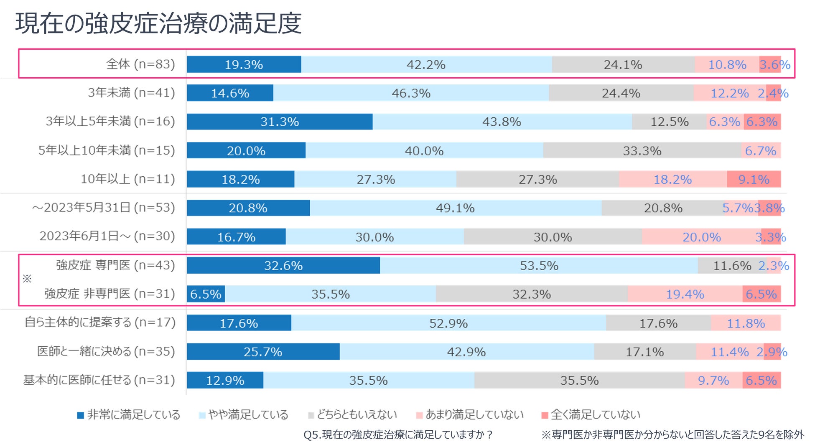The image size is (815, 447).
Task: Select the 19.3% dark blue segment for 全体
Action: click(x=244, y=64)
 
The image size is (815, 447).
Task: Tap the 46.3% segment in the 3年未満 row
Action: click(x=411, y=93)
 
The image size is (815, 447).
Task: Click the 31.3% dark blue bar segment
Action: click(x=279, y=122)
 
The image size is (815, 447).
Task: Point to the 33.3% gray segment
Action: click(x=642, y=150)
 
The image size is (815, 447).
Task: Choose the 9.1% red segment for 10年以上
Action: click(x=754, y=179)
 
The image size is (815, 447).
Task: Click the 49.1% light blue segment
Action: click(x=455, y=208)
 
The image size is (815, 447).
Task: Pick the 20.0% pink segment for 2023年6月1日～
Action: click(x=701, y=237)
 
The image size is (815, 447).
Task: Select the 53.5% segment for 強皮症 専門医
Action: click(x=539, y=265)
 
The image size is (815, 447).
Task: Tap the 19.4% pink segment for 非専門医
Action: click(x=685, y=294)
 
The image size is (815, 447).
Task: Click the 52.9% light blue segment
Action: click(x=448, y=323)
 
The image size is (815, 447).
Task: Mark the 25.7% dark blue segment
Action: click(x=263, y=352)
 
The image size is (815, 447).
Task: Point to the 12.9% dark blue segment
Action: click(x=225, y=380)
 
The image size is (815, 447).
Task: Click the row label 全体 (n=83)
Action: click(x=140, y=64)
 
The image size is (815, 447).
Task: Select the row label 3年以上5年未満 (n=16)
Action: click(x=110, y=121)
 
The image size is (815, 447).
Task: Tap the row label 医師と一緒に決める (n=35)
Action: click(x=106, y=351)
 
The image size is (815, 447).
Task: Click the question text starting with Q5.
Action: click(x=398, y=435)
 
